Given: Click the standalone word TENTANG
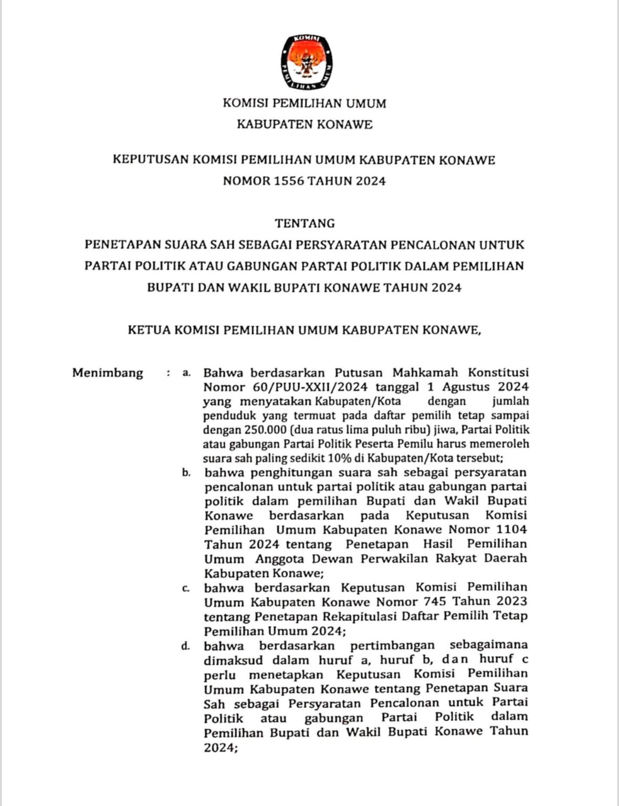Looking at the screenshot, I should pos(305,223).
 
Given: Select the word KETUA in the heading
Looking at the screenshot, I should pos(149,330).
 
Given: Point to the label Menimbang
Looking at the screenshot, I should pos(108,373).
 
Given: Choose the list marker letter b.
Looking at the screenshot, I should pos(186,472).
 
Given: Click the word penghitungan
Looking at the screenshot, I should pos(296,472).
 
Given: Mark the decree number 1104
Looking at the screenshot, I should pos(512,529).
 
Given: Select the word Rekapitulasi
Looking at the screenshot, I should pos(360,616).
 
